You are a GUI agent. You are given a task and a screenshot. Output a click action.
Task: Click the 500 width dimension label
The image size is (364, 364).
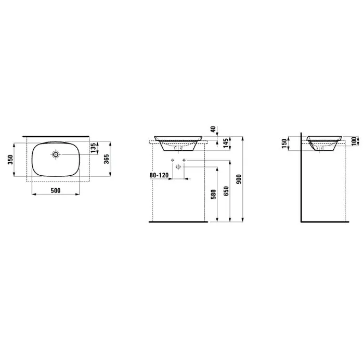(x=56, y=191)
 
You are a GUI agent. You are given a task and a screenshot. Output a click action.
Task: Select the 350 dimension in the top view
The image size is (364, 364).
(x=11, y=160)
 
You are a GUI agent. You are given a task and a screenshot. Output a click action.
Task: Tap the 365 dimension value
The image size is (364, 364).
(x=106, y=159)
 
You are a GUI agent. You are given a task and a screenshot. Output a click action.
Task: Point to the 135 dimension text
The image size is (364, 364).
(x=93, y=148)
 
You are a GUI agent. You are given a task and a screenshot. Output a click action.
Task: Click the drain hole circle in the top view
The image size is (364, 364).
(x=56, y=154)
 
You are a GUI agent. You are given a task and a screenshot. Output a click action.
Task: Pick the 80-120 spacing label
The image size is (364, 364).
(x=159, y=175)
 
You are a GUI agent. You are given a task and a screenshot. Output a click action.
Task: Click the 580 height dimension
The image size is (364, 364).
(x=213, y=194)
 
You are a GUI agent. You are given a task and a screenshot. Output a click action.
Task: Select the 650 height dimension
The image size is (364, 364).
(x=226, y=191)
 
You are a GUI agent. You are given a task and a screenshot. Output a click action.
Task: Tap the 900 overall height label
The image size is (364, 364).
(x=239, y=179)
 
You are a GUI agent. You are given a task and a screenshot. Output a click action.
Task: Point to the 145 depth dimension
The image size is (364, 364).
(x=226, y=144)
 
